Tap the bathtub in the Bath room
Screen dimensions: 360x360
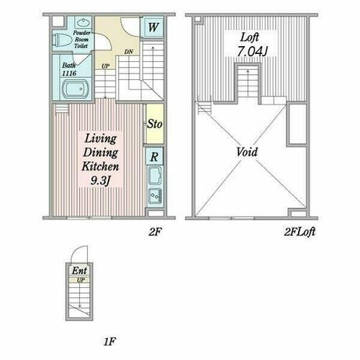(76, 89)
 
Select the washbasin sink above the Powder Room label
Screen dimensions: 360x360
(83, 22)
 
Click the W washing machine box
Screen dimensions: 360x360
(153, 27)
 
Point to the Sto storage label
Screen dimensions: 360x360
(155, 124)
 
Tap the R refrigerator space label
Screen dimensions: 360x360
(154, 157)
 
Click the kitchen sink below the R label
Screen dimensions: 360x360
(155, 176)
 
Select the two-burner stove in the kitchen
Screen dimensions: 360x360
(155, 197)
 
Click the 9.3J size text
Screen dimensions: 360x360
(100, 180)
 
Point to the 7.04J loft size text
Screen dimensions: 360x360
(252, 51)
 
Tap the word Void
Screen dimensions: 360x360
(247, 152)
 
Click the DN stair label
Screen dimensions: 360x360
(129, 52)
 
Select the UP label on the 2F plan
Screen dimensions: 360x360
(105, 66)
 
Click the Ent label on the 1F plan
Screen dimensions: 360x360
(79, 271)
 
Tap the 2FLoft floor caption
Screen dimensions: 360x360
(300, 232)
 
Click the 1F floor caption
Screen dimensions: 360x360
(109, 341)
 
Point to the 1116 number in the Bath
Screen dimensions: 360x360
(69, 73)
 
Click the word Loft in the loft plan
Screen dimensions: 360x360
(250, 37)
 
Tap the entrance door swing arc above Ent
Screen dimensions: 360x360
(76, 250)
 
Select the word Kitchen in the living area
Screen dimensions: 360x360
(100, 166)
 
